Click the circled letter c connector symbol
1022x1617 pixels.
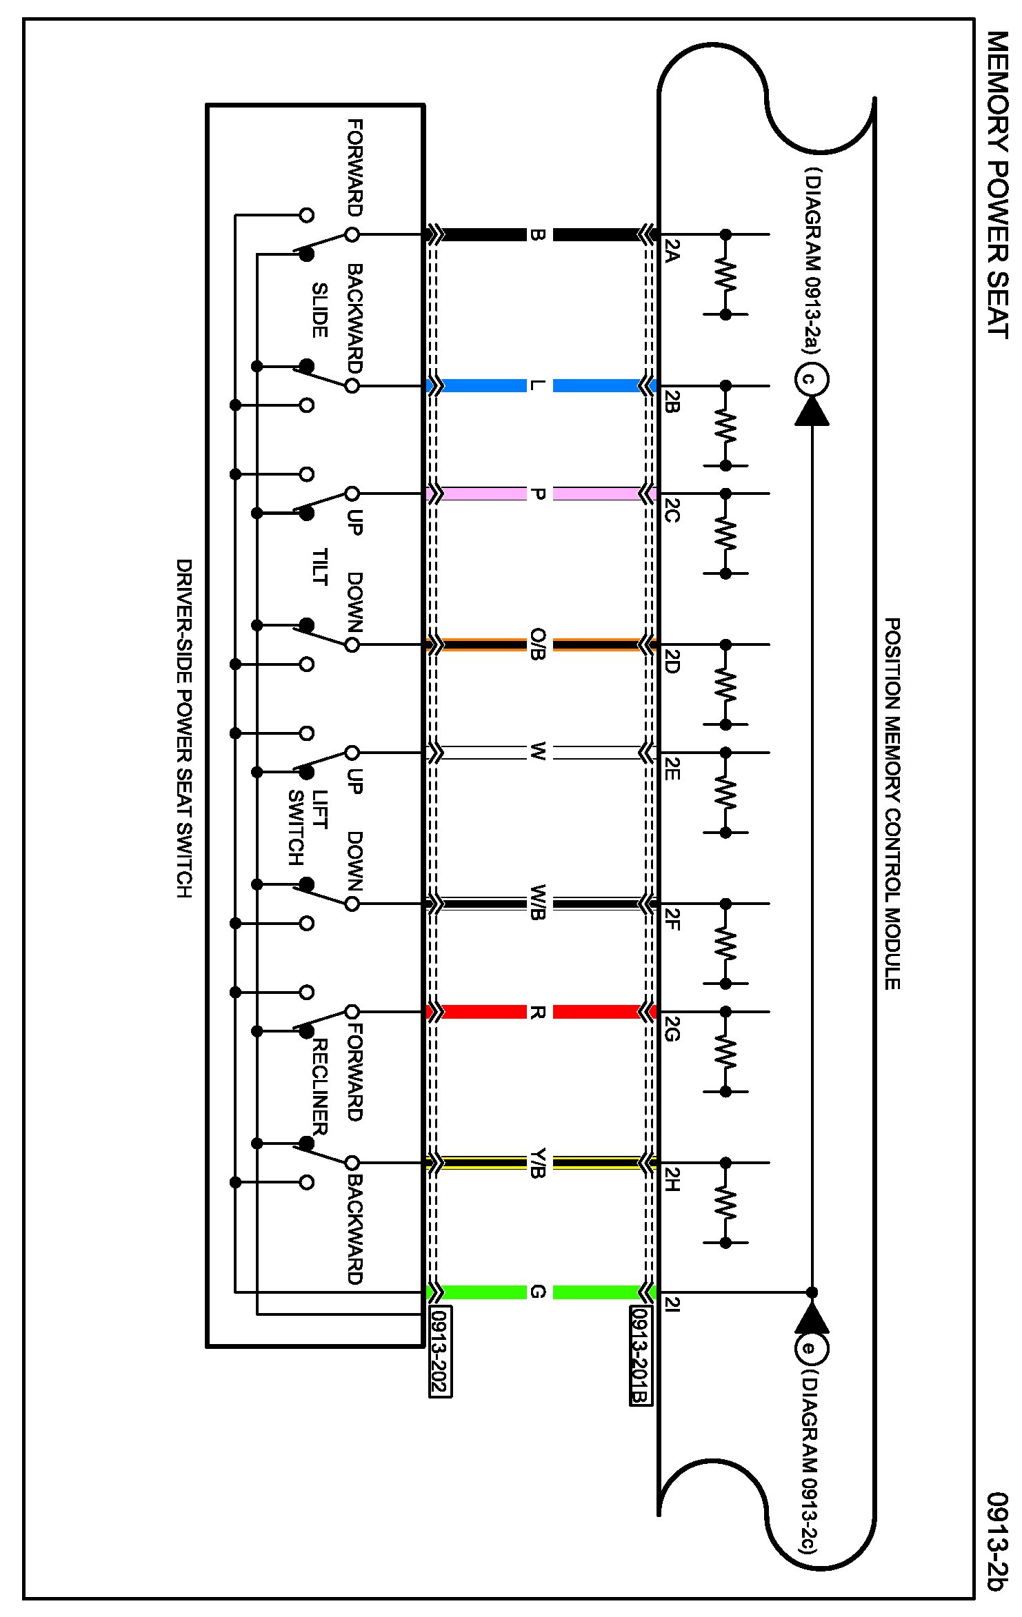point(812,379)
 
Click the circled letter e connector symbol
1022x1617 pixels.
point(812,1350)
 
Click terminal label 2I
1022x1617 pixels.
point(673,1304)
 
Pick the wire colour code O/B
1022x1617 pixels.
point(539,644)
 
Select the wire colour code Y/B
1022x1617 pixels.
point(539,1163)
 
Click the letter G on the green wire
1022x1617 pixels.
point(539,1292)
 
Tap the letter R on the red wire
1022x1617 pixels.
point(539,1012)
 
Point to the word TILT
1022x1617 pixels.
point(319,567)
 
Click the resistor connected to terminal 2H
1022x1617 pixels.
point(725,1203)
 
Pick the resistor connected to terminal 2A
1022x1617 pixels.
point(725,274)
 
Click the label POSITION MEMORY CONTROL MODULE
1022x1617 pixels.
point(892,804)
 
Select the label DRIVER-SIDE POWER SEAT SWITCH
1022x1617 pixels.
point(184,728)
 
